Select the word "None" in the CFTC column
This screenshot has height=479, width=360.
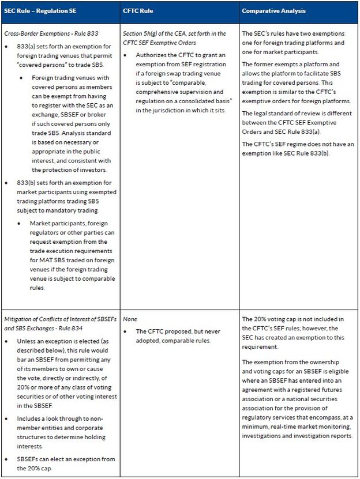click(129, 319)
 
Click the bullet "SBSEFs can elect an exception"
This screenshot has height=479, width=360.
click(67, 463)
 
